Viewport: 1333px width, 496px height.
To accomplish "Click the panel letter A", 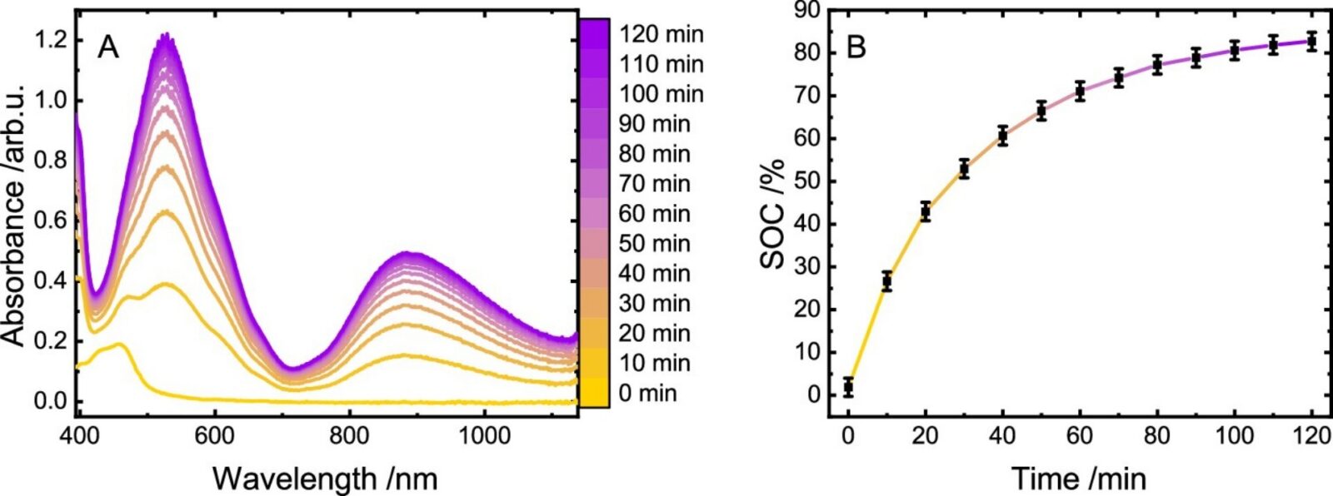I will pos(109,48).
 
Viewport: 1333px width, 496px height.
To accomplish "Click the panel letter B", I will pos(856,47).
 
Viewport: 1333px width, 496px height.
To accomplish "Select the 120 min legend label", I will pos(662,34).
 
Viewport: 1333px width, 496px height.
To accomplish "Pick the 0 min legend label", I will pos(648,393).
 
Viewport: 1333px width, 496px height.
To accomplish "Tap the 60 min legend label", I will pos(655,214).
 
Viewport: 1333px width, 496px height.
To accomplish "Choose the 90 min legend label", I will pos(655,124).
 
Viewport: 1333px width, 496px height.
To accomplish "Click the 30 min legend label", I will pos(655,303).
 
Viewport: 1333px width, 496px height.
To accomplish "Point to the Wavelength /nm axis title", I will pos(325,479).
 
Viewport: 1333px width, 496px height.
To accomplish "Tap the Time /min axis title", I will pos(1079,479).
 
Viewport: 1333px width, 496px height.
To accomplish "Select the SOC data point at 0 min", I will pos(848,387).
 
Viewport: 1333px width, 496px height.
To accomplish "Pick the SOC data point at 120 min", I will pos(1311,41).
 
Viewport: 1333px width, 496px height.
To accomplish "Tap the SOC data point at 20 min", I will pos(925,211).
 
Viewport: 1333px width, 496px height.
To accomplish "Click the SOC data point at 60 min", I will pos(1080,92).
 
